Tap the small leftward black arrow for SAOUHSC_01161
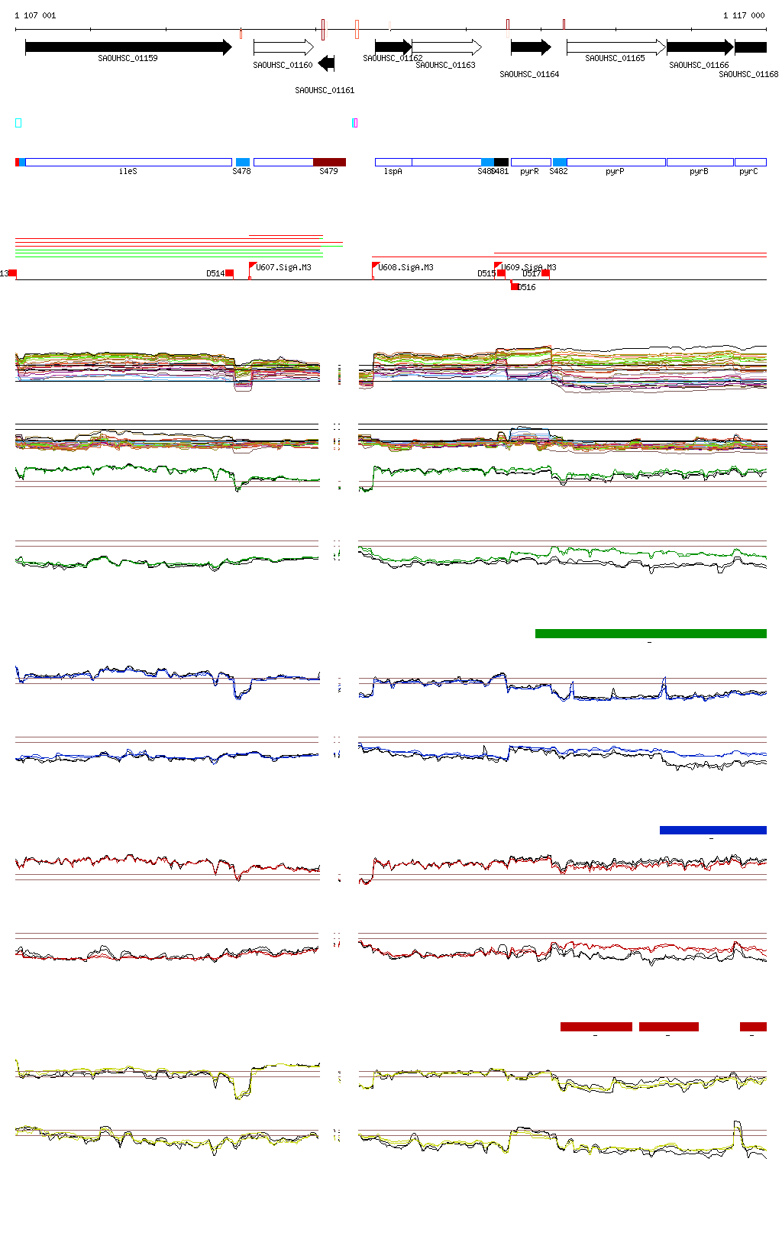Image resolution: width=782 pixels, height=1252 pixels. click(x=327, y=63)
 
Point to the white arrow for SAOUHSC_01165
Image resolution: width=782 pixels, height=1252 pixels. click(x=616, y=47)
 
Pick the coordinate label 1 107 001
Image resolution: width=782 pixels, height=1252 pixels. click(x=35, y=15)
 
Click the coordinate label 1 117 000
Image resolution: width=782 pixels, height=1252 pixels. click(x=744, y=15)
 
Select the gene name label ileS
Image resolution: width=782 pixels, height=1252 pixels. click(x=128, y=172)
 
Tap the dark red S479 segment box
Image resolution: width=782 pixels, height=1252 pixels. click(x=329, y=162)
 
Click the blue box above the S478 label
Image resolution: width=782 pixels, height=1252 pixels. click(x=243, y=162)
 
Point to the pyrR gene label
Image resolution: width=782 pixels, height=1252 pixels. click(x=529, y=172)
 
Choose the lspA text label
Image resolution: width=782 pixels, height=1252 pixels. click(x=393, y=172)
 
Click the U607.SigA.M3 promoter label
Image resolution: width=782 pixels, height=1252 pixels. click(x=283, y=267)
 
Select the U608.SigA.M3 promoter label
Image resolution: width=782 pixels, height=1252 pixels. click(x=406, y=267)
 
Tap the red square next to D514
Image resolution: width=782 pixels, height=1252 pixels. click(x=229, y=273)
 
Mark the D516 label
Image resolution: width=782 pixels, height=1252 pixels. click(x=526, y=288)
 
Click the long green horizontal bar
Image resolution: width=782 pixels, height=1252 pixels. click(x=651, y=634)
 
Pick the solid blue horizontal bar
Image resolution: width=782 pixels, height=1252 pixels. click(x=713, y=831)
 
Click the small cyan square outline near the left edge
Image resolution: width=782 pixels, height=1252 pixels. click(x=18, y=123)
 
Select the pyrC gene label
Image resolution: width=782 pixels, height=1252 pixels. click(x=748, y=172)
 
